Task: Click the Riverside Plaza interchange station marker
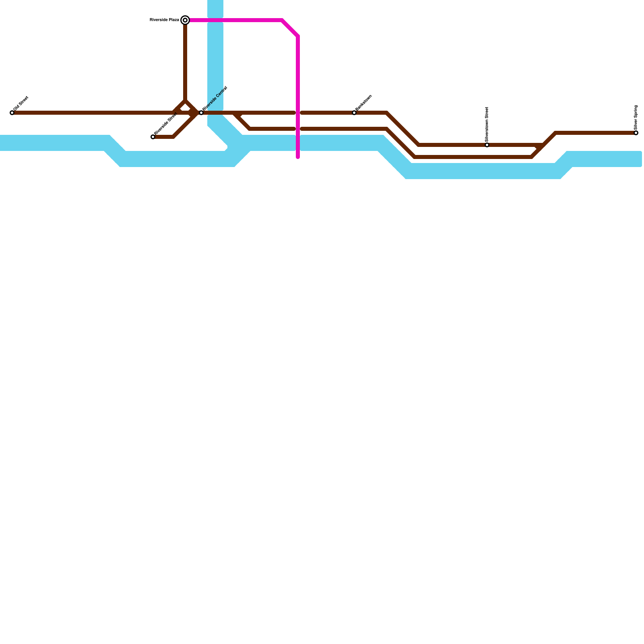coord(185,20)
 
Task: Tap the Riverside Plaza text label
coord(164,20)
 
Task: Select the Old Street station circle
coord(12,113)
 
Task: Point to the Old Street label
coord(21,103)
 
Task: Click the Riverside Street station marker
coord(153,137)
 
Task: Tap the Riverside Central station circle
coord(201,113)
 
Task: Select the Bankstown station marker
coord(354,113)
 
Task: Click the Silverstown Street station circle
coord(487,145)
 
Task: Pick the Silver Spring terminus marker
coord(636,133)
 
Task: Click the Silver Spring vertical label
coord(636,117)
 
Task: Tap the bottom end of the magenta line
coord(298,157)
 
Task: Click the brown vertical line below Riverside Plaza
coord(185,60)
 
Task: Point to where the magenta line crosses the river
coord(298,143)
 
